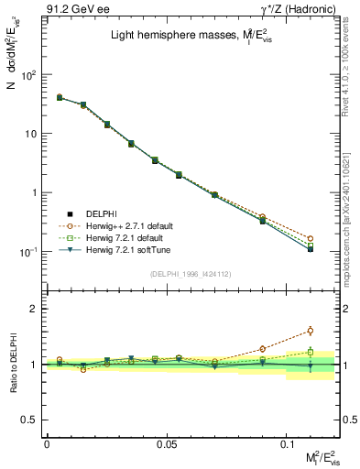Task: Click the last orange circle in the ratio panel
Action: (x=311, y=331)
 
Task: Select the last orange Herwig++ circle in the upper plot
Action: (x=311, y=238)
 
